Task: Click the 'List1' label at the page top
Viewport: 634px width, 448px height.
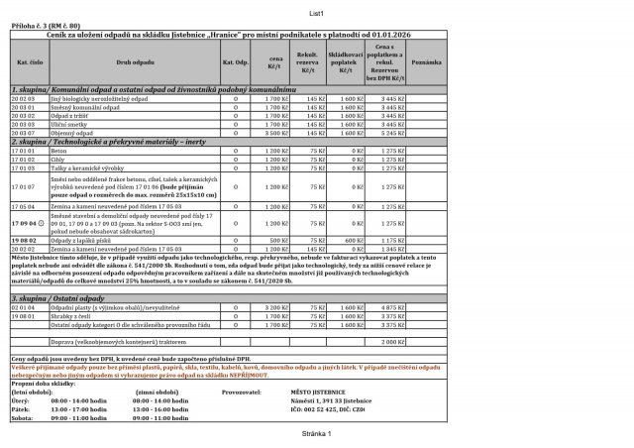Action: (317, 13)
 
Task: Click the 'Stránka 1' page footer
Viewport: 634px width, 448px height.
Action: (317, 434)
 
